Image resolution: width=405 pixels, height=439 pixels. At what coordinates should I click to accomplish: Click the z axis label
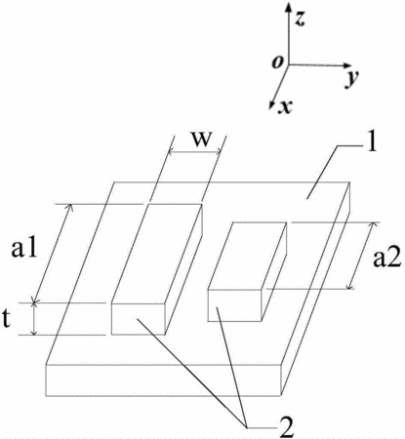(299, 20)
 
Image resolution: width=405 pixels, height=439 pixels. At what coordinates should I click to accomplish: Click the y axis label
(351, 79)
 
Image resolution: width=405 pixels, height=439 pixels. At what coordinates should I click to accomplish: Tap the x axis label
(285, 106)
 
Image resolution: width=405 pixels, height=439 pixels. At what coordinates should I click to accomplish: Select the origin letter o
(278, 61)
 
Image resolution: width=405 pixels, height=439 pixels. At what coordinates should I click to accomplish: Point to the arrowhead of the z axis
(288, 8)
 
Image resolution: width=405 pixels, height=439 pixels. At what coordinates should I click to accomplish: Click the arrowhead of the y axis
(347, 65)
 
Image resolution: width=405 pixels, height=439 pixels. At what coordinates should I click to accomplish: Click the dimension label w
(201, 140)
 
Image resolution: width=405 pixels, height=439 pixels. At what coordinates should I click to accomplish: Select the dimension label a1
(24, 250)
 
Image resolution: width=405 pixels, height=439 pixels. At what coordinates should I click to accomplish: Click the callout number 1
(371, 142)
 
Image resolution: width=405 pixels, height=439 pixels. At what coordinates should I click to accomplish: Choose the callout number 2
(287, 426)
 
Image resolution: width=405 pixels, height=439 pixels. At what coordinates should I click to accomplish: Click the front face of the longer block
(138, 319)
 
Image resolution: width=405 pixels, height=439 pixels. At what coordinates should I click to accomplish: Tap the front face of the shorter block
(234, 305)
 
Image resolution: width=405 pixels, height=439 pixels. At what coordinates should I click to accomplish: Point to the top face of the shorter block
(247, 257)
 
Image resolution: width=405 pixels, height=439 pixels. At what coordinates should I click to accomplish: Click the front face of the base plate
(164, 380)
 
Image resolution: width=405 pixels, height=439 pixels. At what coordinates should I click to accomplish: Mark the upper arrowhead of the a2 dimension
(375, 226)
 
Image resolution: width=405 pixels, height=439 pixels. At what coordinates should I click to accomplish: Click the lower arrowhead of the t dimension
(33, 331)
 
